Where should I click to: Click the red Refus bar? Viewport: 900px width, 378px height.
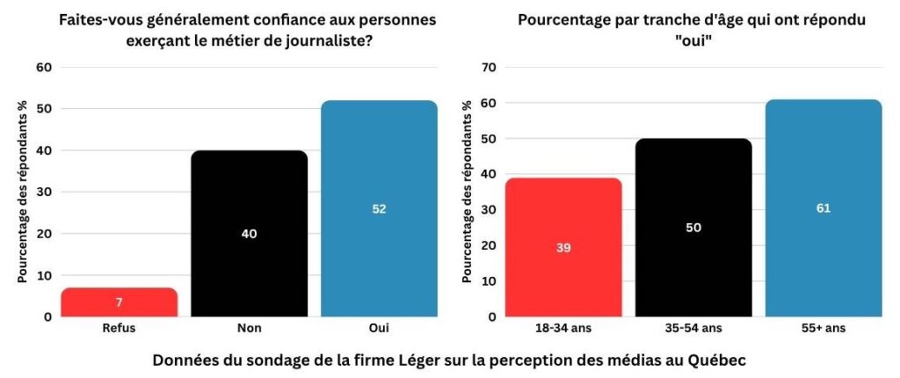click(x=119, y=302)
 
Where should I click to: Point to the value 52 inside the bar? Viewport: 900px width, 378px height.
click(x=379, y=209)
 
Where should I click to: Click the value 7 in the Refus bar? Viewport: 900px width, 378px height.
click(x=119, y=302)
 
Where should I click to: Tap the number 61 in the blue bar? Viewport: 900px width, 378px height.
click(x=824, y=208)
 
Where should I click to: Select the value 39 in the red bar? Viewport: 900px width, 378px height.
click(x=563, y=248)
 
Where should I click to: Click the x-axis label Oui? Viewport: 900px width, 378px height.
click(x=379, y=328)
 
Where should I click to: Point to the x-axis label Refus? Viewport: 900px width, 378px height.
click(x=119, y=328)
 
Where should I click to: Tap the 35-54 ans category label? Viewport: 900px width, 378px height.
click(x=693, y=328)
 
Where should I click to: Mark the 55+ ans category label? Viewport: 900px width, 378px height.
click(x=824, y=328)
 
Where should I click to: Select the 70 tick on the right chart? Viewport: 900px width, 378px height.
click(x=490, y=68)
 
